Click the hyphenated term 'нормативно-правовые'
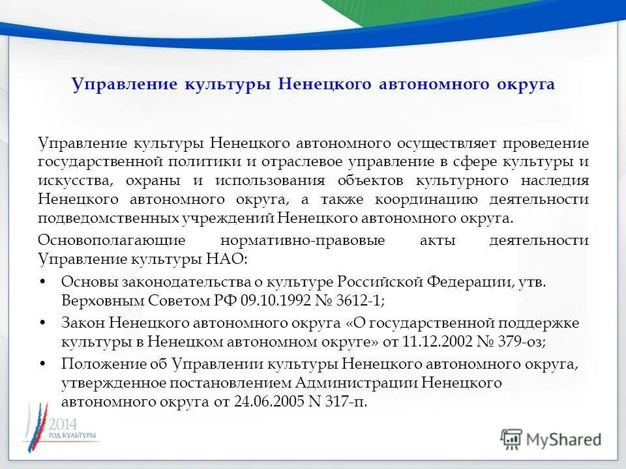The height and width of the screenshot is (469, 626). point(303,240)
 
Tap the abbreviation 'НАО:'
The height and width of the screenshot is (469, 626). point(227,259)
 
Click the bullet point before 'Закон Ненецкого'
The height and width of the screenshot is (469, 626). point(43,322)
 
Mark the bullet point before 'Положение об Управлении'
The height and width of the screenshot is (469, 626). point(43,363)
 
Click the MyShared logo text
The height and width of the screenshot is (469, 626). point(563,439)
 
